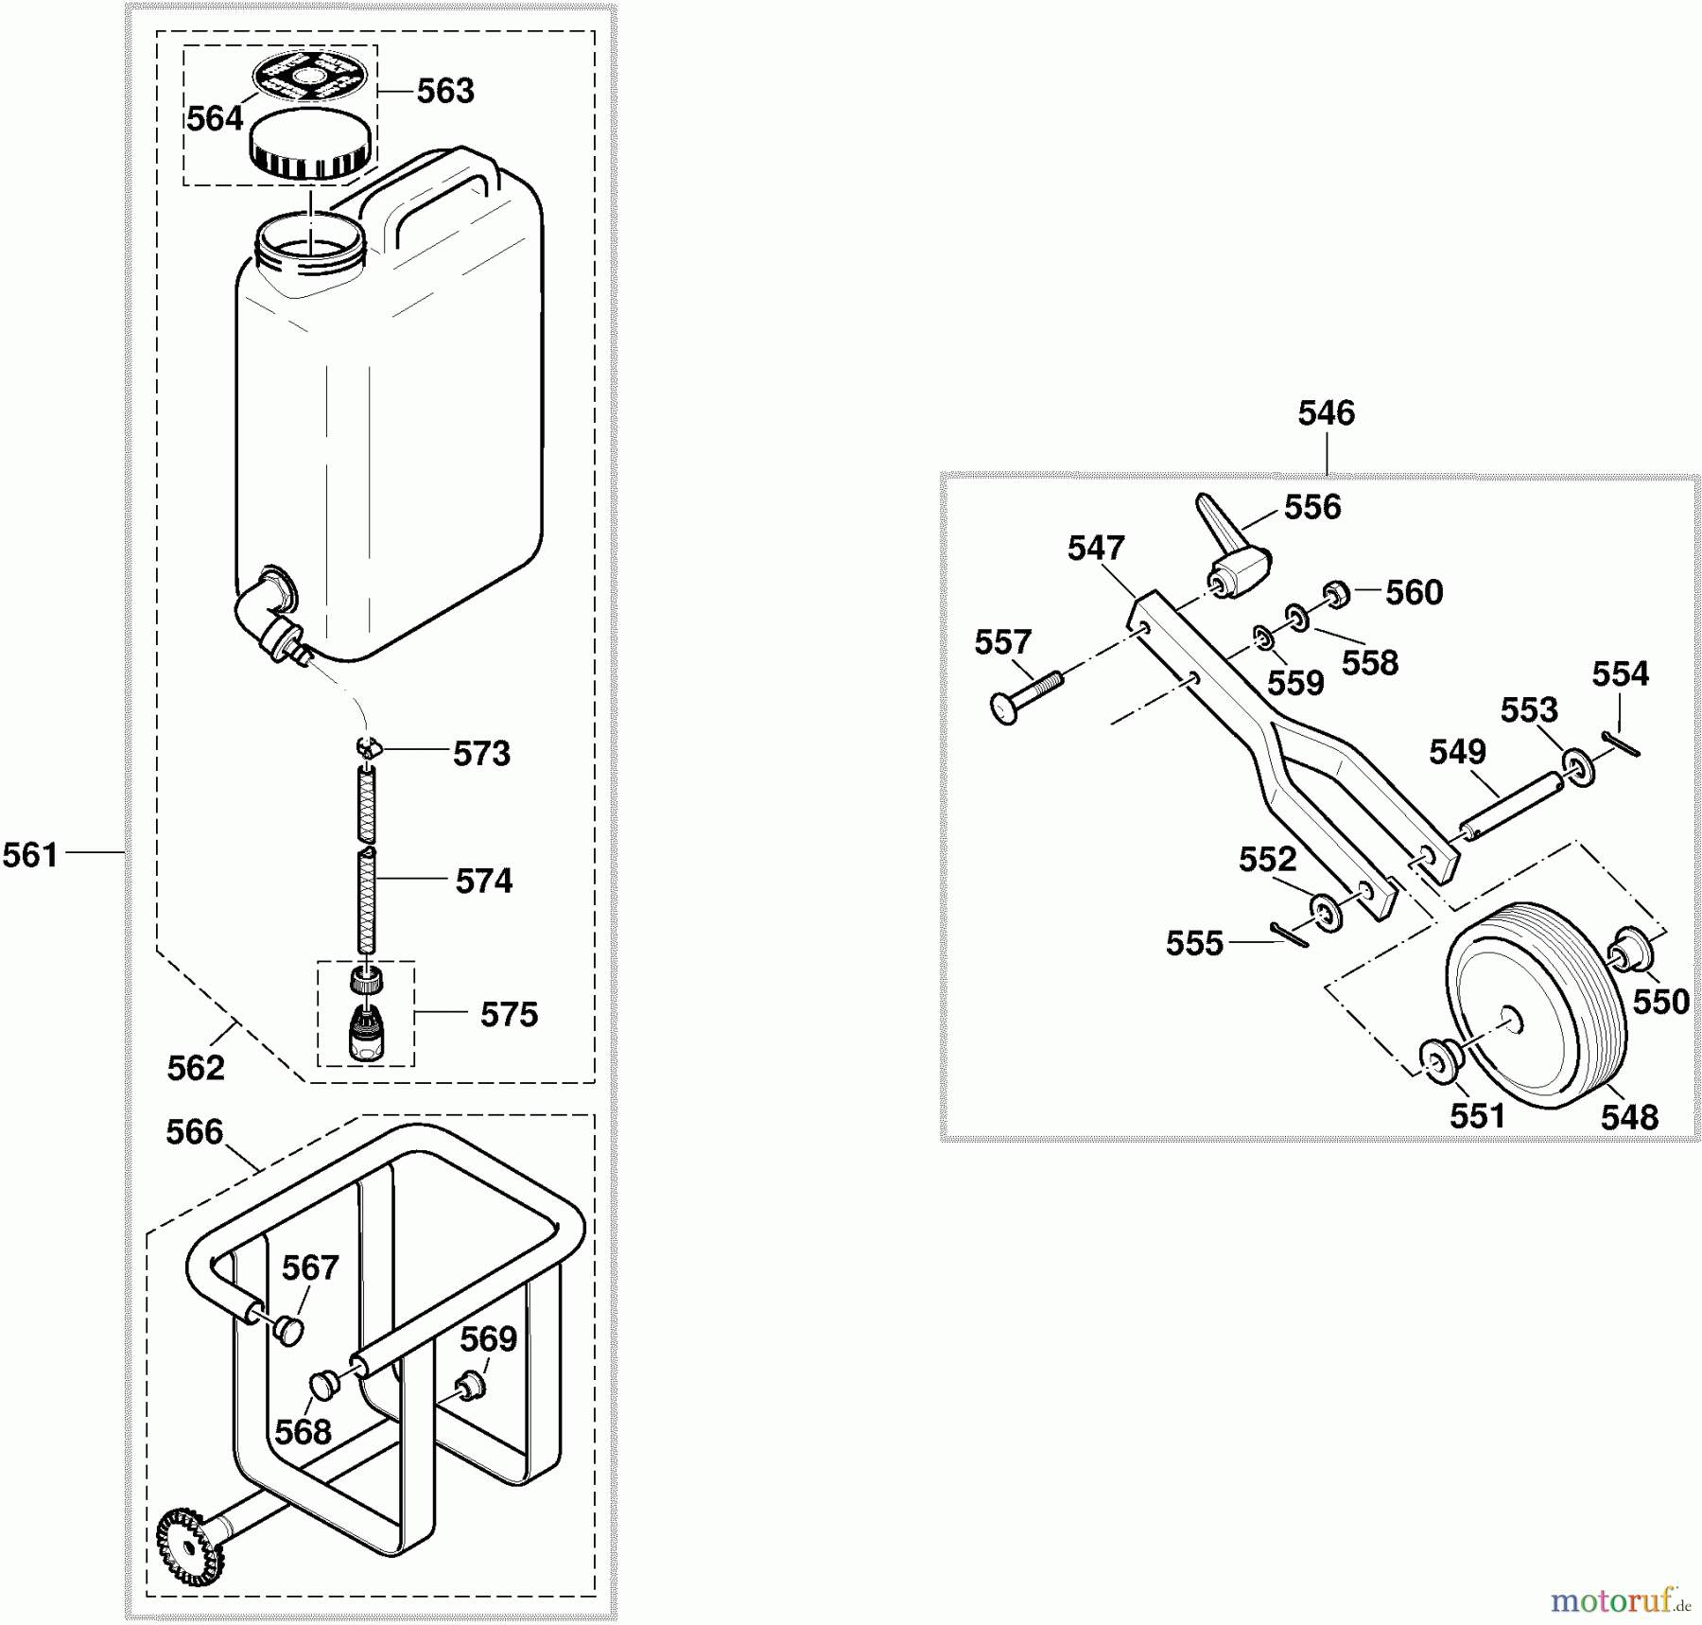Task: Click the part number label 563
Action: click(445, 91)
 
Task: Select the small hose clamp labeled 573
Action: click(368, 748)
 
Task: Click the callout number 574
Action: click(483, 882)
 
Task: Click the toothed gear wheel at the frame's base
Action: click(188, 1548)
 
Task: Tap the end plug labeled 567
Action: click(288, 1331)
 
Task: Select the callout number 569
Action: click(488, 1339)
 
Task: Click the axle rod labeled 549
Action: click(1511, 805)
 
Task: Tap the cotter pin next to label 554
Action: click(1621, 744)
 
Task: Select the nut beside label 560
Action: click(1336, 594)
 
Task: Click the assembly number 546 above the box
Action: click(1326, 413)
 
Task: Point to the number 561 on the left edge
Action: click(30, 856)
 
